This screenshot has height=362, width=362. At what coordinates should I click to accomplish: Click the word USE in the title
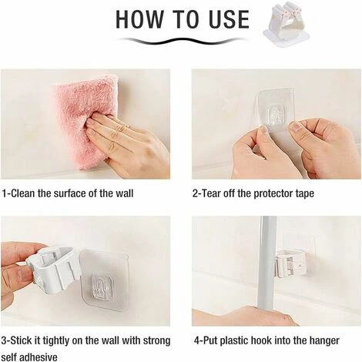230,19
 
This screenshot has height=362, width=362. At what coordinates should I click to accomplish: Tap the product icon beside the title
287,25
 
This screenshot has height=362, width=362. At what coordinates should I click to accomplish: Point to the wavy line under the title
181,41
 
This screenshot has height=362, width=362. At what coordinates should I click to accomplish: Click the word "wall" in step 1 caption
124,193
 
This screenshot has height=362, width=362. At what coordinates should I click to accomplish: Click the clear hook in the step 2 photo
276,117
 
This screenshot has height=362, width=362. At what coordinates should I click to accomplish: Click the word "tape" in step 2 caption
304,194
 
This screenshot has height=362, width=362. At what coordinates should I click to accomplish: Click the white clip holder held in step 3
52,268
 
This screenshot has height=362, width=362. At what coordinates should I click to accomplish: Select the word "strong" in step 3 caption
156,340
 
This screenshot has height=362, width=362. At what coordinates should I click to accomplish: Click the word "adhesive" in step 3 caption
39,357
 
